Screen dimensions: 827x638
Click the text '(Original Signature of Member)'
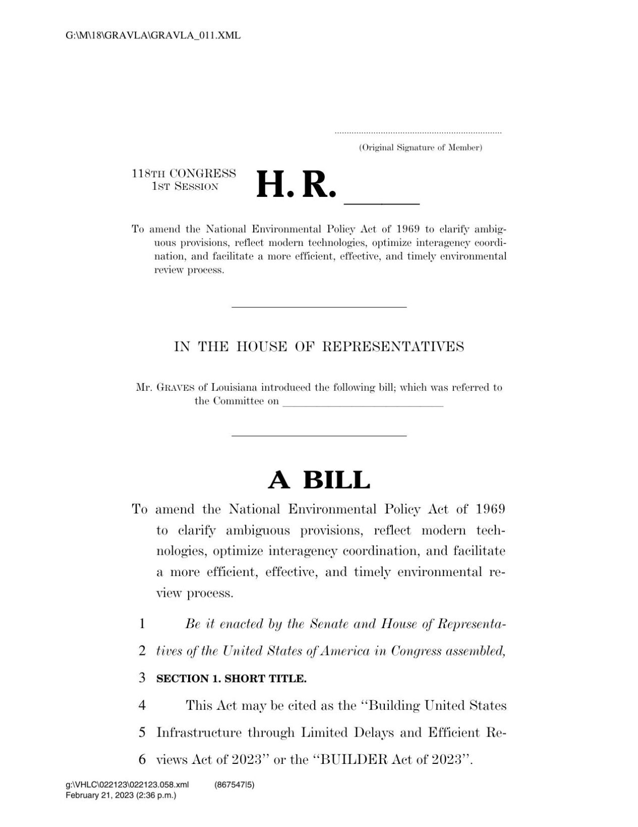pyautogui.click(x=420, y=148)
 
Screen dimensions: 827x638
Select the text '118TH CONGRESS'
pyautogui.click(x=184, y=174)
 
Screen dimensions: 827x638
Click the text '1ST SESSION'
pyautogui.click(x=185, y=186)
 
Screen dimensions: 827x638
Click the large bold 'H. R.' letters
pyautogui.click(x=296, y=185)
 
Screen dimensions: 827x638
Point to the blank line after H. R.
pyautogui.click(x=381, y=202)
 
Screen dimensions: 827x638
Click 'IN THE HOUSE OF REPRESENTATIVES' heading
pyautogui.click(x=319, y=347)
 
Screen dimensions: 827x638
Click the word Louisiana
pyautogui.click(x=234, y=388)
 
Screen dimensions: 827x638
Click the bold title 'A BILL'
pyautogui.click(x=319, y=480)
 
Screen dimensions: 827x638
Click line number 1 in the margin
pyautogui.click(x=142, y=624)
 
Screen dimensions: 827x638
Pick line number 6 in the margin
pyautogui.click(x=142, y=759)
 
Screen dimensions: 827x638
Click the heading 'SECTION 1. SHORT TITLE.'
pyautogui.click(x=231, y=679)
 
